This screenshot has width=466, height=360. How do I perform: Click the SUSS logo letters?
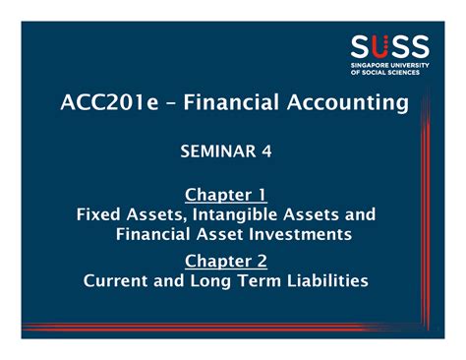point(389,46)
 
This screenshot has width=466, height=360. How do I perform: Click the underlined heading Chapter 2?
point(226,260)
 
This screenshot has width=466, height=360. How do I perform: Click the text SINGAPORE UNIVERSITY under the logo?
point(389,65)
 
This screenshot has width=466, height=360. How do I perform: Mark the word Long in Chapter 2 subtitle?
point(213,280)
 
